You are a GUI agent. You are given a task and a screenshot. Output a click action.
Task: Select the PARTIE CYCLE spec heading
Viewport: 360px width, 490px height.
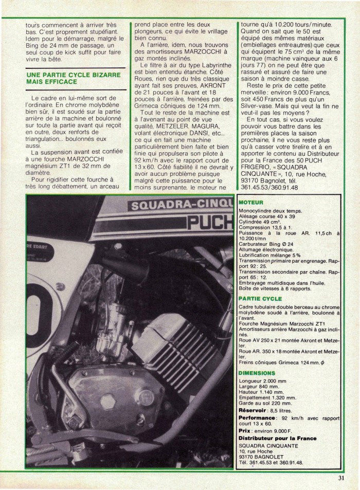click(260, 298)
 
